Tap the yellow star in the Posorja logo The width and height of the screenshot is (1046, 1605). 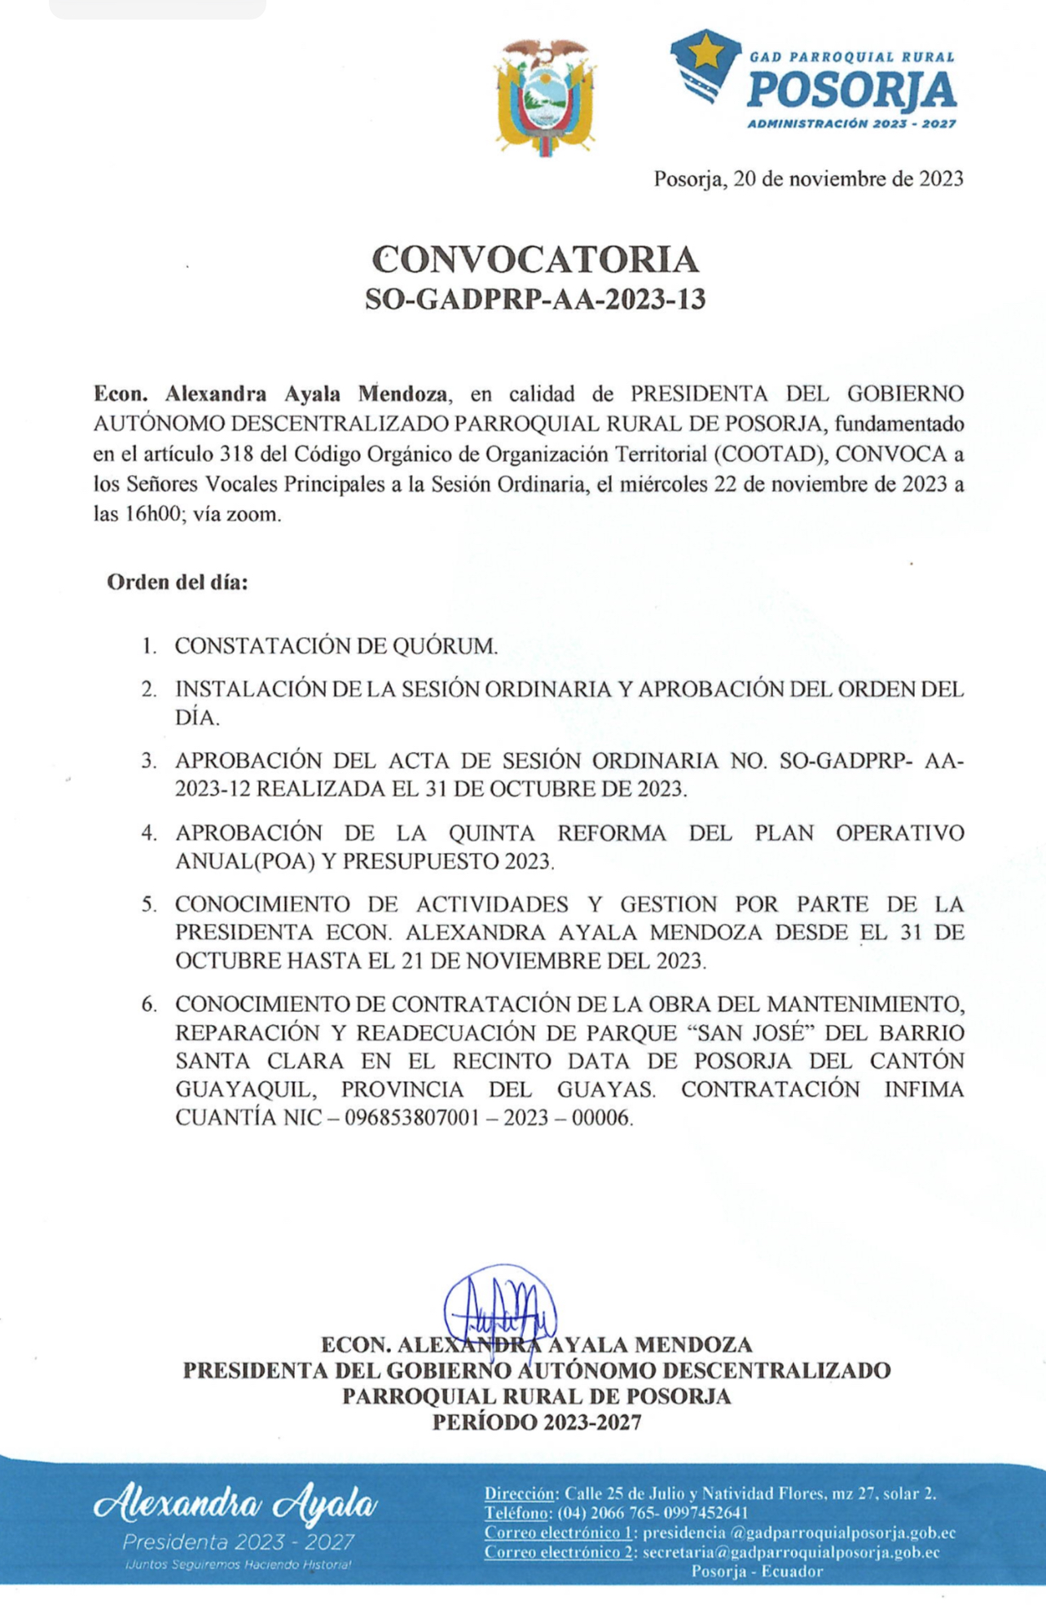(x=704, y=55)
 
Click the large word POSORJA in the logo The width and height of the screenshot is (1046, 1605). (x=851, y=90)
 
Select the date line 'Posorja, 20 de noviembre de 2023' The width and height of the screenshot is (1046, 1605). (x=808, y=178)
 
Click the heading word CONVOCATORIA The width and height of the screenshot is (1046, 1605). (x=535, y=260)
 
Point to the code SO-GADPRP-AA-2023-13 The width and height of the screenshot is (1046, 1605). (x=535, y=300)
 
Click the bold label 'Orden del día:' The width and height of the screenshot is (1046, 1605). (x=178, y=583)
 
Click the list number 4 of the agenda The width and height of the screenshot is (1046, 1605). (x=148, y=833)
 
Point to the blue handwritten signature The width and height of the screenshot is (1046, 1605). (x=500, y=1308)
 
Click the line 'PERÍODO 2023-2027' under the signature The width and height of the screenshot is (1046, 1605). (x=536, y=1423)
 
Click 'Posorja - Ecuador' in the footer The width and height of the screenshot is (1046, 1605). (x=757, y=1571)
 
